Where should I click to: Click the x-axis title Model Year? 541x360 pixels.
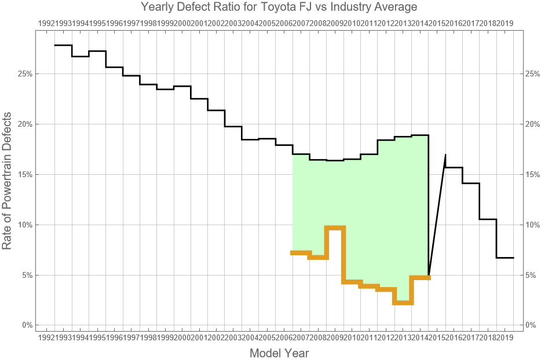tap(279, 353)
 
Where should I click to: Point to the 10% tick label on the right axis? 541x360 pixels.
tap(532, 225)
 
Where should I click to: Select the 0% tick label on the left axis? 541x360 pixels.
tap(27, 325)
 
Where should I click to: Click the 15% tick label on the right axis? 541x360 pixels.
tap(532, 174)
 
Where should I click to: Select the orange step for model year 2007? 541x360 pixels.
tap(301, 252)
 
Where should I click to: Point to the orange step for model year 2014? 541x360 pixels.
tap(420, 278)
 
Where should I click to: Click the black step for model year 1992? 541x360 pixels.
tap(63, 45)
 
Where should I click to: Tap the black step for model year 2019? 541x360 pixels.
tap(505, 258)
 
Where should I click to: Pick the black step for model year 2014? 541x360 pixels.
tap(420, 135)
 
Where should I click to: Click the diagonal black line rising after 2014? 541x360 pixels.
tap(437, 215)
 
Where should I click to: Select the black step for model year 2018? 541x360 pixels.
tap(488, 219)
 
